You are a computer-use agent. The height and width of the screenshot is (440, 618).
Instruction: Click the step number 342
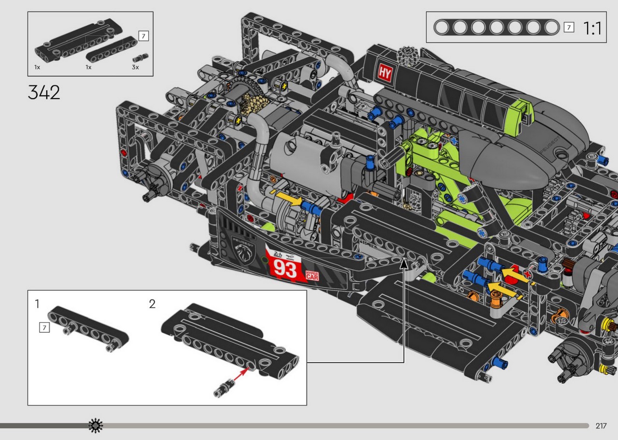pos(44,92)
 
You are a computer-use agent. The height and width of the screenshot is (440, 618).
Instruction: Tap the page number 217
pos(601,426)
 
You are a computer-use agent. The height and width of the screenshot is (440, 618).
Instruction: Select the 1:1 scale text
pos(592,28)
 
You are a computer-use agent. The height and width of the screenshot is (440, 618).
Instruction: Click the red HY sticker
pos(385,73)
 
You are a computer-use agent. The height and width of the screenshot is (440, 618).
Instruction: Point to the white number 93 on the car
pos(285,270)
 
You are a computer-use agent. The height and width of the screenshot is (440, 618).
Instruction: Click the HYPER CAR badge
pos(312,275)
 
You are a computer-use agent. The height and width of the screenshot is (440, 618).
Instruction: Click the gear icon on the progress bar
pos(96,426)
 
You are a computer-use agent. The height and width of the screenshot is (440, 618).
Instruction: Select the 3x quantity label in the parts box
pos(135,67)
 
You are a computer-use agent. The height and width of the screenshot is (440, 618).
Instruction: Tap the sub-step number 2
pos(152,304)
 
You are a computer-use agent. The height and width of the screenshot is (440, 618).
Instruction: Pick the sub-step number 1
pos(37,304)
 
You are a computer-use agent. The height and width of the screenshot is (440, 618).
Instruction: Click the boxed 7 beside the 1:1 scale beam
pos(569,27)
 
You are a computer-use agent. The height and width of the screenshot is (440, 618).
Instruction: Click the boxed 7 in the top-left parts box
pos(143,36)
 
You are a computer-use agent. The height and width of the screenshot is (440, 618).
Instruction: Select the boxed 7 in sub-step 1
pos(44,327)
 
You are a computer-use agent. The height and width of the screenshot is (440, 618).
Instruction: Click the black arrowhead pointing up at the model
pos(404,263)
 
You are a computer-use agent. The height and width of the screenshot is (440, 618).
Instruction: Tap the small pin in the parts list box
pos(140,57)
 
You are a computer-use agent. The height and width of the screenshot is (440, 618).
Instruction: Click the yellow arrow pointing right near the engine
pos(289,199)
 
